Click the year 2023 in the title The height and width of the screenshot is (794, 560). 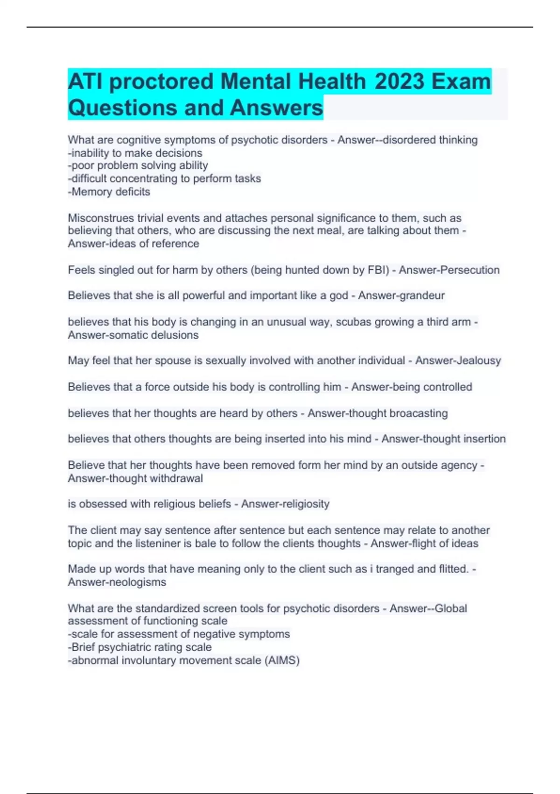coord(399,81)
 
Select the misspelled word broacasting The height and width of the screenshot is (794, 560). coord(419,413)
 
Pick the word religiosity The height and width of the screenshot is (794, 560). coord(304,504)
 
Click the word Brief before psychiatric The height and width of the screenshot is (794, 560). coord(83,647)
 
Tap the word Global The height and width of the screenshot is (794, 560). coord(450,609)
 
